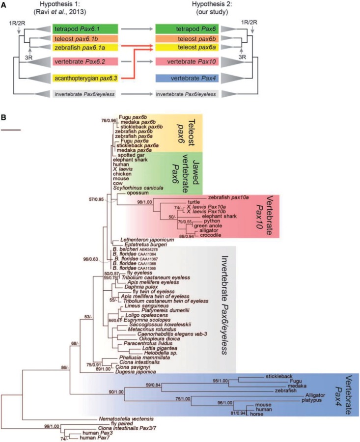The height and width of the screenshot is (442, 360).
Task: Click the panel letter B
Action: coord(4,118)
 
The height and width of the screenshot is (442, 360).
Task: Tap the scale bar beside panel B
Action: coord(11,130)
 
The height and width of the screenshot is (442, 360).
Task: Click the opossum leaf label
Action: coord(137,193)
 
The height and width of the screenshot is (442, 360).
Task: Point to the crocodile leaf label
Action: coord(206,235)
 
